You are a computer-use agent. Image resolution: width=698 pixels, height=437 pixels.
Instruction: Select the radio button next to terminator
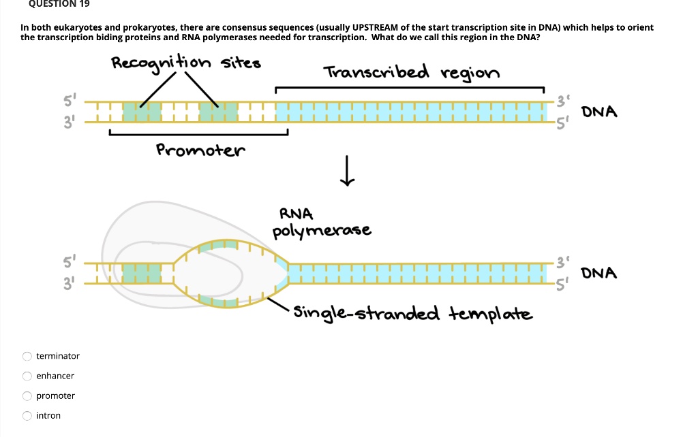click(x=27, y=356)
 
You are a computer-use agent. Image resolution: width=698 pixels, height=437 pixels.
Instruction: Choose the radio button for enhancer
click(x=27, y=376)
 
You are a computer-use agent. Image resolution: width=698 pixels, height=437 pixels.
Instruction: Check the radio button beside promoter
click(x=27, y=395)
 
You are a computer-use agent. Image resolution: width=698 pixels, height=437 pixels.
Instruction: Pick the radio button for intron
click(x=27, y=415)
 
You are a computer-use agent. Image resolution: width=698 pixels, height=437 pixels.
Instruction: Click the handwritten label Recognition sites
click(x=186, y=64)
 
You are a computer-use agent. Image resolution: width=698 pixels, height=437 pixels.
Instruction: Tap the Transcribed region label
click(x=411, y=73)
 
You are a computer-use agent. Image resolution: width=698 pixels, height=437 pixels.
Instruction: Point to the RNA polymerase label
click(x=322, y=224)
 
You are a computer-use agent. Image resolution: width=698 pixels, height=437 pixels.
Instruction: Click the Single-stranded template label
click(x=413, y=314)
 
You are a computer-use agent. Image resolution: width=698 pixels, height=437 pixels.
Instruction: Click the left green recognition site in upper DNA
click(x=142, y=112)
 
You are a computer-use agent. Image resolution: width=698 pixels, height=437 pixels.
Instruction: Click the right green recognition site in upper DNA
click(x=219, y=112)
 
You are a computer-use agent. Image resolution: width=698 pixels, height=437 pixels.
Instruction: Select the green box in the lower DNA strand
click(x=142, y=274)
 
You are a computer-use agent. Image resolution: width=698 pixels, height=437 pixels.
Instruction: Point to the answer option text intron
click(x=48, y=415)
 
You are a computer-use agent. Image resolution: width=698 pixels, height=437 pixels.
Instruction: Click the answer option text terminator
click(x=58, y=356)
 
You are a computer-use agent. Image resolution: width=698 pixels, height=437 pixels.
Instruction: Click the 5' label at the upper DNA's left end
click(x=68, y=99)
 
